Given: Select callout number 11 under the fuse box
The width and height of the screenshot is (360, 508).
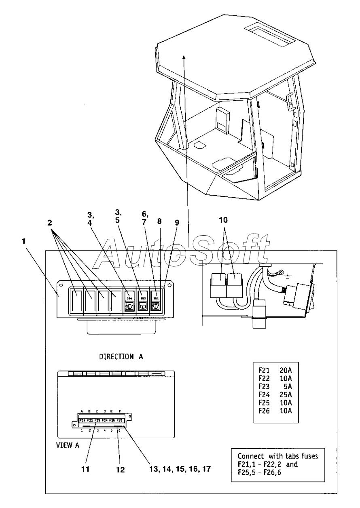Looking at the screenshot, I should click(85, 470).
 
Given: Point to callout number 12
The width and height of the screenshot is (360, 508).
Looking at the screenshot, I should click(120, 470).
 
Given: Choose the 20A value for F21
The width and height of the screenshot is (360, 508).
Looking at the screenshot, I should click(286, 369).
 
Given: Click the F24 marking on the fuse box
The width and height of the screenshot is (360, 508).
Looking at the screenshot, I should click(105, 421).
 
